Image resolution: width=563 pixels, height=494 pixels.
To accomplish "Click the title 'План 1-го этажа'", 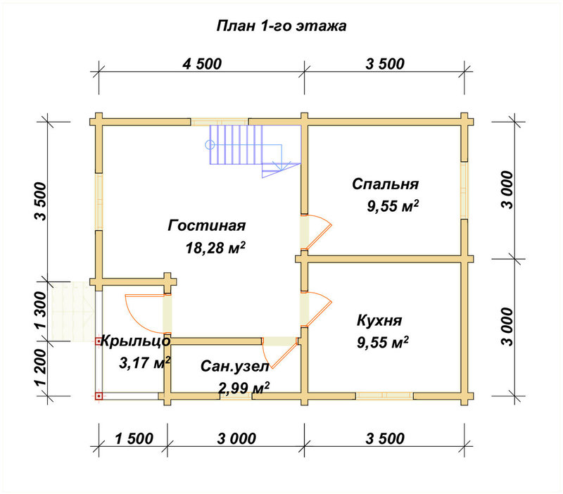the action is point(281,26).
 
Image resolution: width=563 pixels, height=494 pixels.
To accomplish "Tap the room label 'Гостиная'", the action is point(206,225).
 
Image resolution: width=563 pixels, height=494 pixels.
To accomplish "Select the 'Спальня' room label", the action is point(385,184).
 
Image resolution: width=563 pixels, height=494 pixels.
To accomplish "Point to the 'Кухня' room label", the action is point(379,320).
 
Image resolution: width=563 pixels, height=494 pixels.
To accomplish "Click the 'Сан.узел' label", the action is point(234,367).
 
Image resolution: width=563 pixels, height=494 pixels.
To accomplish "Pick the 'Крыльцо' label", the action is point(136,341).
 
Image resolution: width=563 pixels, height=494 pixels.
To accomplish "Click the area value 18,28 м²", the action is point(215,248).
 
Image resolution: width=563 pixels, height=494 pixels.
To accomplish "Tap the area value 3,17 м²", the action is point(144,363).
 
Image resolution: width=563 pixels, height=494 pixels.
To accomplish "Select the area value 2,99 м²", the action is point(243,388).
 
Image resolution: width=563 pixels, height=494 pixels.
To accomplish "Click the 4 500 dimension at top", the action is point(202,64).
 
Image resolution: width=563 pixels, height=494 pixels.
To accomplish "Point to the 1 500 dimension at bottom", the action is point(134,438).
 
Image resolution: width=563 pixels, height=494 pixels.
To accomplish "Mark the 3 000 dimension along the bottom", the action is point(236,438).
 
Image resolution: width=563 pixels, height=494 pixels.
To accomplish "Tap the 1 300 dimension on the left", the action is point(42,310).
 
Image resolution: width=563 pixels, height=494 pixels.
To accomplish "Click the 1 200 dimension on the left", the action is point(42,367).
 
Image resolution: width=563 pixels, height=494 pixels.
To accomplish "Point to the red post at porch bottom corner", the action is point(99,396).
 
